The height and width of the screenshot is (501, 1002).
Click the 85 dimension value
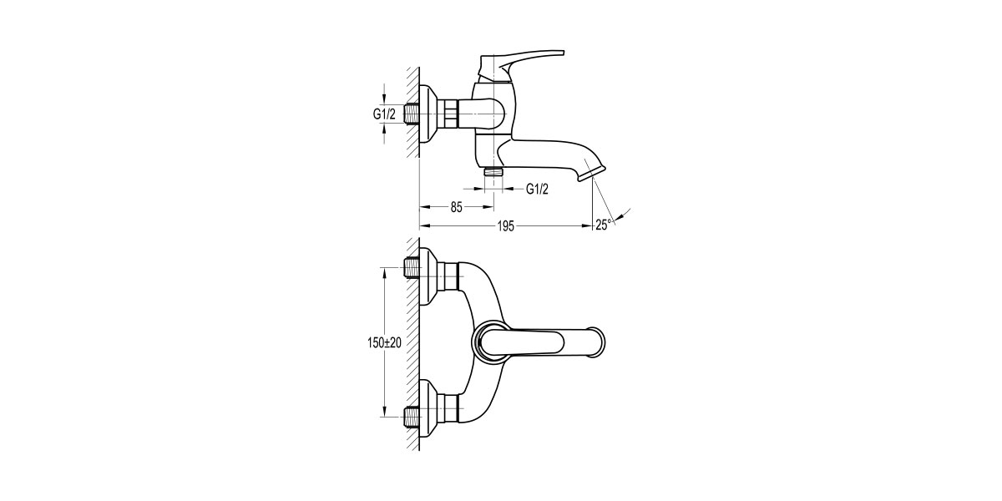pyautogui.click(x=457, y=208)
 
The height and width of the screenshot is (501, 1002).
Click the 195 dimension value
pyautogui.click(x=506, y=226)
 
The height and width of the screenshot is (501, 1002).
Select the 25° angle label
pyautogui.click(x=603, y=224)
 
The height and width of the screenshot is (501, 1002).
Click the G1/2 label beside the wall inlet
pyautogui.click(x=384, y=114)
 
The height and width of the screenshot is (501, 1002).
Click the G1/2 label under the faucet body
pyautogui.click(x=537, y=189)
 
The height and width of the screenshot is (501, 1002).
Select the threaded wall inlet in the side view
pyautogui.click(x=411, y=113)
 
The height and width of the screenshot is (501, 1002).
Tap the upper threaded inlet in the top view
pyautogui.click(x=411, y=269)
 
